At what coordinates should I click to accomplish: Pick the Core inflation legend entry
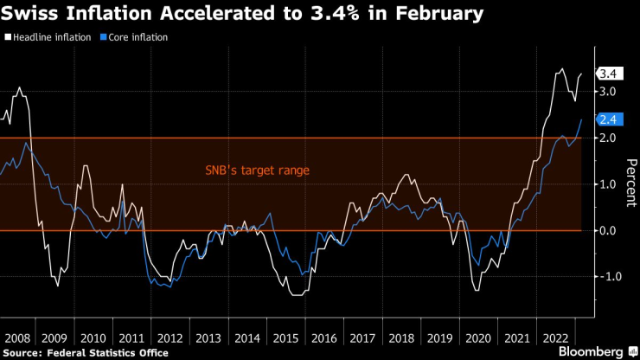pyautogui.click(x=134, y=37)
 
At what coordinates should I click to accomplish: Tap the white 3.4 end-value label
pyautogui.click(x=606, y=74)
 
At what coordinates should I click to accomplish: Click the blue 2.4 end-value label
pyautogui.click(x=606, y=119)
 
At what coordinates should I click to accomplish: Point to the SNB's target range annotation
pyautogui.click(x=257, y=170)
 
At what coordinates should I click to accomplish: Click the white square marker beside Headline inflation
pyautogui.click(x=7, y=37)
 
